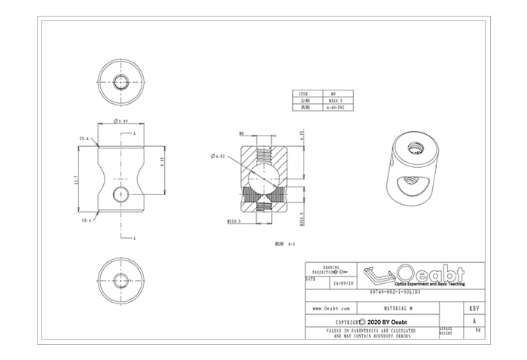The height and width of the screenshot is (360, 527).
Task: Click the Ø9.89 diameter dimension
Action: (120, 121)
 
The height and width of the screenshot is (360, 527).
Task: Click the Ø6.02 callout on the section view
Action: (220, 156)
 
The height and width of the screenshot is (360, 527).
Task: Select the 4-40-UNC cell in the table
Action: (334, 108)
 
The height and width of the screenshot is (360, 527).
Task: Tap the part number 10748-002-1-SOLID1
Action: (394, 292)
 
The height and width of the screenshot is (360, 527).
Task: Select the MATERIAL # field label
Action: (394, 309)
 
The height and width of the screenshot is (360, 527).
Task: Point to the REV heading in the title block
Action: (474, 309)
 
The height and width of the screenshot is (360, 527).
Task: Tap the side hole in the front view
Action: (120, 195)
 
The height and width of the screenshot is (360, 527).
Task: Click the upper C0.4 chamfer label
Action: (85, 139)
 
